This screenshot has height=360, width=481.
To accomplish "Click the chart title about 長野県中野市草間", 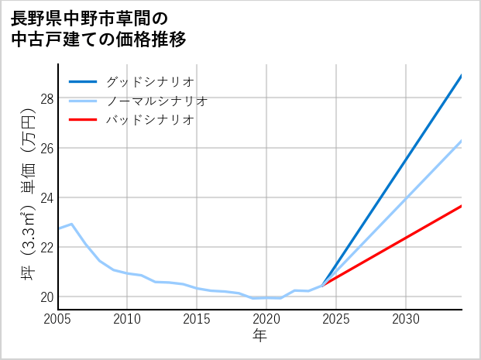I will tap(99, 29).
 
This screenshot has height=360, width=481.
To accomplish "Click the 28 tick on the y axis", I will tap(46, 98).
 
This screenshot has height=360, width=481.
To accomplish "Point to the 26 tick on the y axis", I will tap(46, 148).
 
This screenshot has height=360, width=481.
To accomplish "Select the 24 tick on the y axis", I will tap(46, 197).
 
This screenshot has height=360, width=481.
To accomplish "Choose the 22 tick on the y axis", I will tap(46, 247).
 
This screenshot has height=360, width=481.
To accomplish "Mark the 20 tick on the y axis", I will tap(46, 297).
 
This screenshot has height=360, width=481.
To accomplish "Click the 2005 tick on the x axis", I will tap(58, 319).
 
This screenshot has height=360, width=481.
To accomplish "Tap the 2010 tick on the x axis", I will tap(128, 319).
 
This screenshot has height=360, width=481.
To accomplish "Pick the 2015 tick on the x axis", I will tap(197, 319).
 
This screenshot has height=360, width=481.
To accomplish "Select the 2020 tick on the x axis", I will tap(266, 319).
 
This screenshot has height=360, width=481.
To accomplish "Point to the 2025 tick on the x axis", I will tap(336, 319).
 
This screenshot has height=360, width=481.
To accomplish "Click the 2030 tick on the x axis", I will tap(406, 319).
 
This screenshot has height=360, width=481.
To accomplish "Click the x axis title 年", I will tap(259, 335).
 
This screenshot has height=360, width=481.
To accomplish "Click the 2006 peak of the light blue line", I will tap(71, 225).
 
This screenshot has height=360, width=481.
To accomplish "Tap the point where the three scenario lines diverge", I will tap(322, 285).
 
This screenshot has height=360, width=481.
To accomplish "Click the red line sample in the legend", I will tap(83, 120).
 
